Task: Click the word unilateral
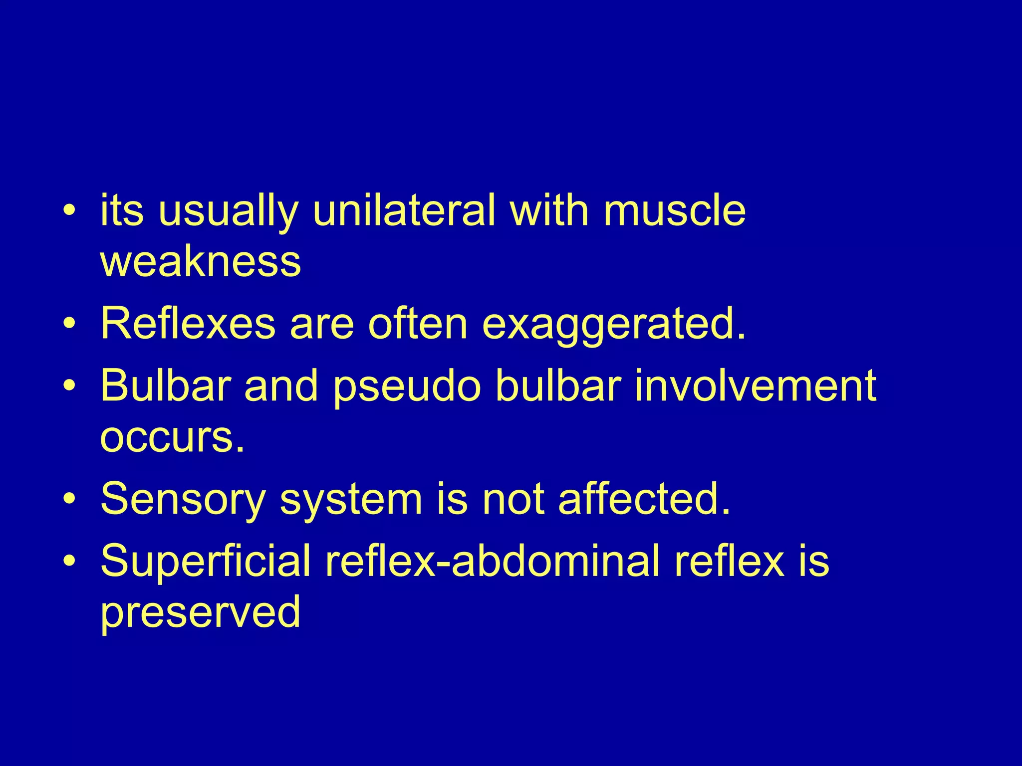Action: tap(404, 210)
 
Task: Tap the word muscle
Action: tap(674, 210)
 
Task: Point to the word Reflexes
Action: tap(188, 324)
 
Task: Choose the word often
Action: tap(418, 324)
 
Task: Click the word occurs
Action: tap(173, 437)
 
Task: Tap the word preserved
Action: tap(200, 613)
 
